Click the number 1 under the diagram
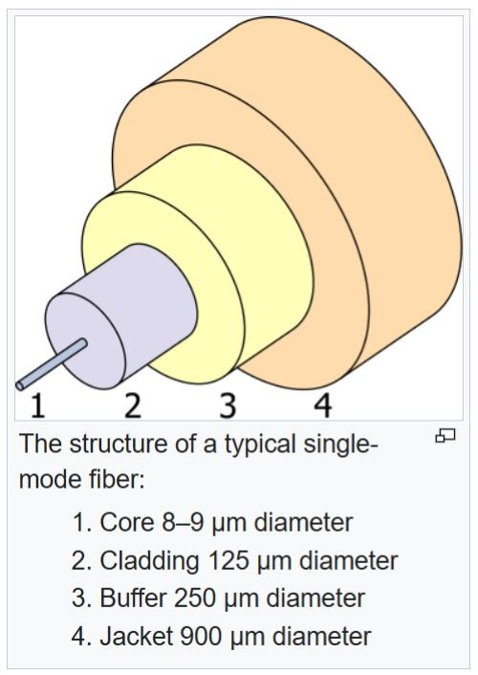37,406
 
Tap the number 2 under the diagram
133,406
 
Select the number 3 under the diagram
228,406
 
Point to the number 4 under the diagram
323,406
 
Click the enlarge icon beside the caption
445,437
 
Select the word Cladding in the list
147,561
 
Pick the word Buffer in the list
133,599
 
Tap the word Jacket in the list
135,636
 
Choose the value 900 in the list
201,636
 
